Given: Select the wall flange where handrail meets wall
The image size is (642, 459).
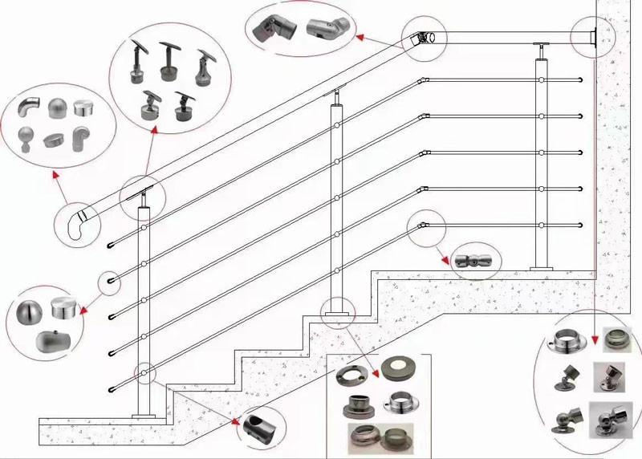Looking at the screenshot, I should pos(592,37).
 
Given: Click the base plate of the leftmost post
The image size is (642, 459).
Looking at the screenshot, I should pos(144,414).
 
